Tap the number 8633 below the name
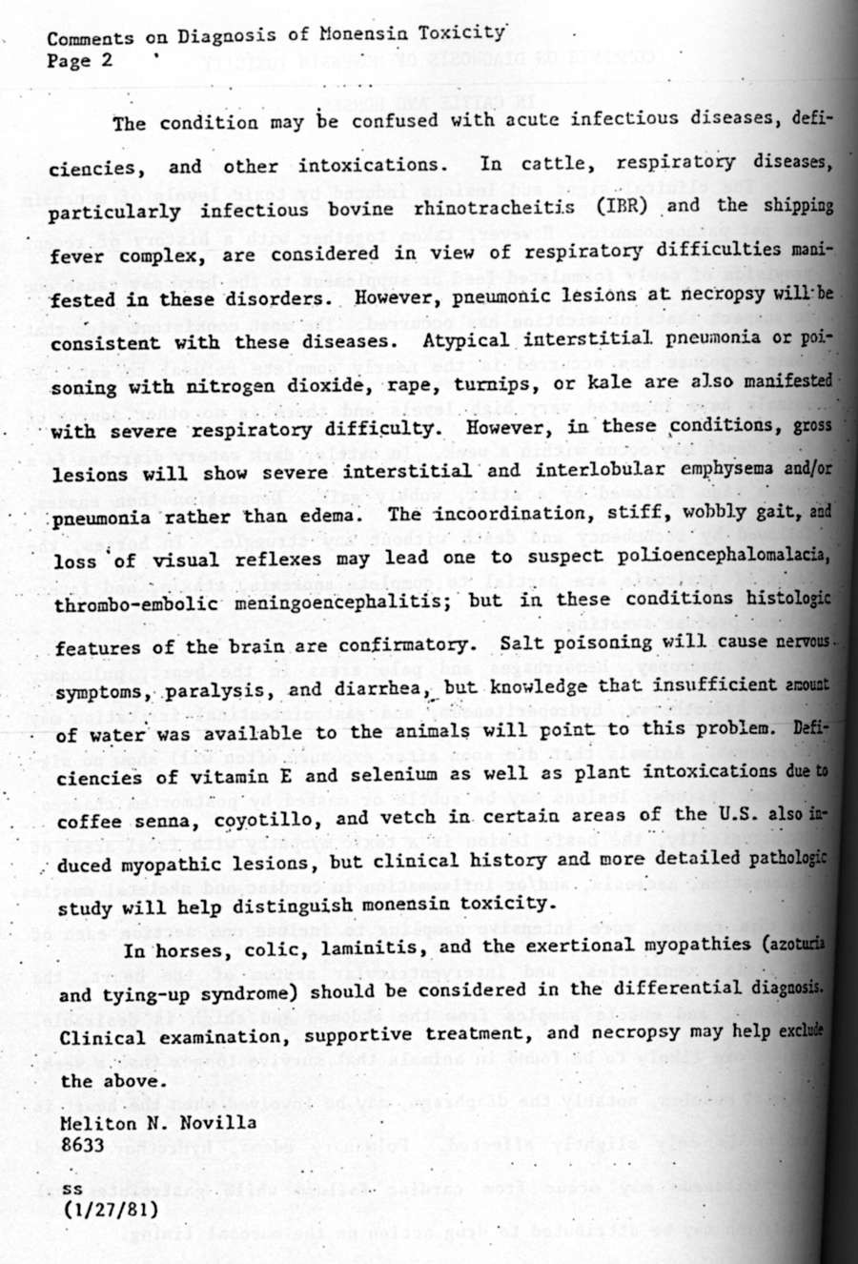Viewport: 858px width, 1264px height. coord(82,1145)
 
